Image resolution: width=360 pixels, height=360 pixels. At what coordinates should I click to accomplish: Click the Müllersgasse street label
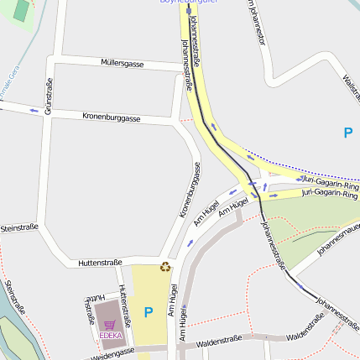(x=122, y=63)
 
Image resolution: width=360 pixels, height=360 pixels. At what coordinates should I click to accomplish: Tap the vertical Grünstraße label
(x=49, y=96)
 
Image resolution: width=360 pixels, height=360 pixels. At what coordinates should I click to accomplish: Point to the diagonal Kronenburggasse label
(x=190, y=190)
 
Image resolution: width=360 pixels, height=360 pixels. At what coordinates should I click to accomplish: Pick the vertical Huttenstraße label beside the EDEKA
(x=123, y=304)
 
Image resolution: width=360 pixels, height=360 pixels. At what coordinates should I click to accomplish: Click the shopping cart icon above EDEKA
(x=109, y=323)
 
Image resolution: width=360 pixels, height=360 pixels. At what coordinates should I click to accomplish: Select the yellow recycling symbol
(x=165, y=267)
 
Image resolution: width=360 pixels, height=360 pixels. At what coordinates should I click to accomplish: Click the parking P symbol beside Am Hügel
(x=149, y=313)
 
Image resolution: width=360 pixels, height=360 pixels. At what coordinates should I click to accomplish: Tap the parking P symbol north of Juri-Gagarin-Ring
(x=348, y=132)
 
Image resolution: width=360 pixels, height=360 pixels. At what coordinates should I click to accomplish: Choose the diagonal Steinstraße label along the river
(x=14, y=298)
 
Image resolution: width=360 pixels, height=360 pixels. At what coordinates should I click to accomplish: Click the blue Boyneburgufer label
(x=189, y=2)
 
